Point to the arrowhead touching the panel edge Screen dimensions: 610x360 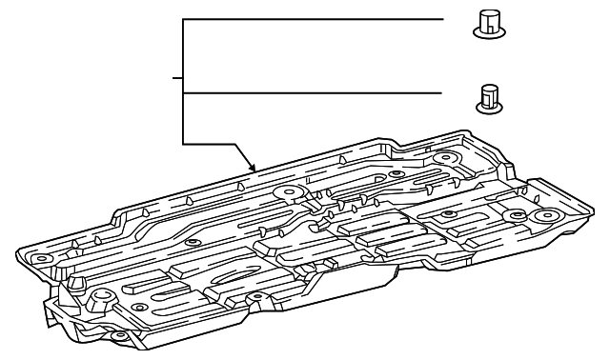254,170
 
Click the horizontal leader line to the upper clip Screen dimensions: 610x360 315,19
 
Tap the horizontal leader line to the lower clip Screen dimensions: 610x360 315,92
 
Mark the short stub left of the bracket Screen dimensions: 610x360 176,77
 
